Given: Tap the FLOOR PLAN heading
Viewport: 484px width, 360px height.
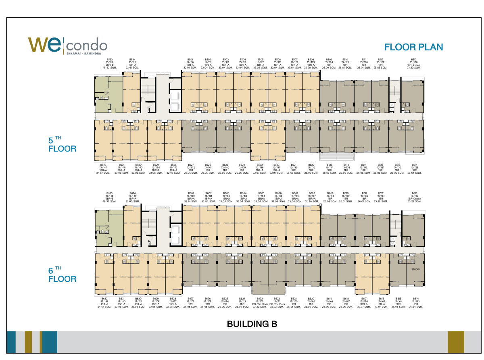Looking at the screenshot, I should [x=413, y=47].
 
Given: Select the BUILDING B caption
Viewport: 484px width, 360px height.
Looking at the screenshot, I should [x=252, y=323].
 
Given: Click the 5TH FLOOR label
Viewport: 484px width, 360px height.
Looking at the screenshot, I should [x=62, y=145].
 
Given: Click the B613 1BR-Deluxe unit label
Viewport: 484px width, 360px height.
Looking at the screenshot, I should [x=413, y=197].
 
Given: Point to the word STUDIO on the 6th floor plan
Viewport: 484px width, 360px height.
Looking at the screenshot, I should [x=415, y=269].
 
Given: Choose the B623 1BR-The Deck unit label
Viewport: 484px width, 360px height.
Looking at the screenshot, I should [x=260, y=303].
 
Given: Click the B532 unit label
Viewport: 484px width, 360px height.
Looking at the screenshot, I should [x=103, y=169].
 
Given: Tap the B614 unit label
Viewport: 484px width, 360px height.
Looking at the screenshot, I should [x=416, y=303].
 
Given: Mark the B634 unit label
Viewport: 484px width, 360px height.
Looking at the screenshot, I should [x=133, y=197].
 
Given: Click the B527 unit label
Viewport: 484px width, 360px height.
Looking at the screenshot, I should [x=191, y=169].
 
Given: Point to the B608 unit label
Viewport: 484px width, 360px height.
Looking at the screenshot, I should [x=312, y=197].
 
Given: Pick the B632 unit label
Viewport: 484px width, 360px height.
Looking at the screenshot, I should [x=104, y=303].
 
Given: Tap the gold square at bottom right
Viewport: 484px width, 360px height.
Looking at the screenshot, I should [x=456, y=342].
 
